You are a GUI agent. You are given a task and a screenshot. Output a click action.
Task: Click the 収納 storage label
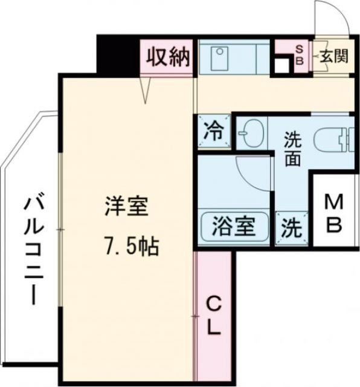click(x=167, y=57)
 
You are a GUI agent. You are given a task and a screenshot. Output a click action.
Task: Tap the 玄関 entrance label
click(x=333, y=57)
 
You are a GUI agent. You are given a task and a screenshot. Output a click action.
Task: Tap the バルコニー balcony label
click(x=30, y=249)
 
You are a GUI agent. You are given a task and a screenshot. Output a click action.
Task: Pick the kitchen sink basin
click(x=219, y=57)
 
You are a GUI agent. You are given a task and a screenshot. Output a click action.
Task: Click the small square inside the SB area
click(x=281, y=65)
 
